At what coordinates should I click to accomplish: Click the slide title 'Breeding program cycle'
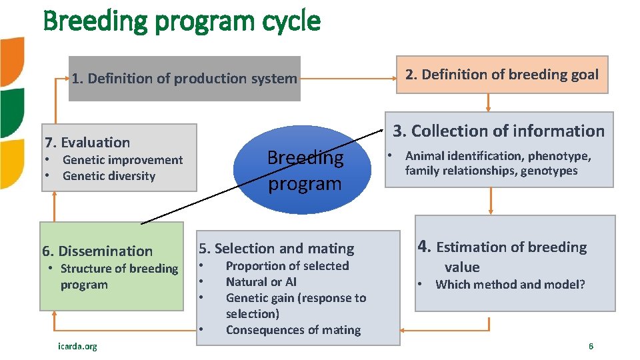[181, 21]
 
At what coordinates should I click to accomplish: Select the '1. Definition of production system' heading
[184, 79]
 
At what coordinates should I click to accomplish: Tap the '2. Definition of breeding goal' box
[502, 75]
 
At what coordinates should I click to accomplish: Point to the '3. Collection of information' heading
[498, 131]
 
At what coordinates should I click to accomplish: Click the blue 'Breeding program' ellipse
[305, 170]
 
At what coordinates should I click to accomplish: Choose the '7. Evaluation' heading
[87, 142]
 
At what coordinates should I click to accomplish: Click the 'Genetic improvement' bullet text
[122, 160]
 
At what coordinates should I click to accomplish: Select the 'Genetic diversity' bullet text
[109, 176]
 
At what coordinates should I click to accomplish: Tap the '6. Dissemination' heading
[97, 251]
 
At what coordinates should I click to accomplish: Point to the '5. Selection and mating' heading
[276, 249]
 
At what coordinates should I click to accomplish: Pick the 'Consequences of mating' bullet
[293, 330]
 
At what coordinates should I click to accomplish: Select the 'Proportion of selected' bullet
[287, 266]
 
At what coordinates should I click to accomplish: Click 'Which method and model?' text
[510, 285]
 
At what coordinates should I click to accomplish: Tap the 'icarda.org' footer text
[77, 346]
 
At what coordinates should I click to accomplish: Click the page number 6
[591, 346]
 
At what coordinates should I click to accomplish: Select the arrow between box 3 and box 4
[491, 201]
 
